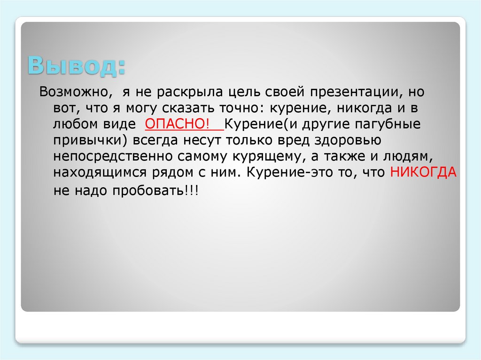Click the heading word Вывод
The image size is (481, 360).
tap(76, 65)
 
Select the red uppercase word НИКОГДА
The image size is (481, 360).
tap(423, 172)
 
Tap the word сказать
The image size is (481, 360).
tap(188, 108)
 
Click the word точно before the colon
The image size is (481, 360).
tap(235, 108)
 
